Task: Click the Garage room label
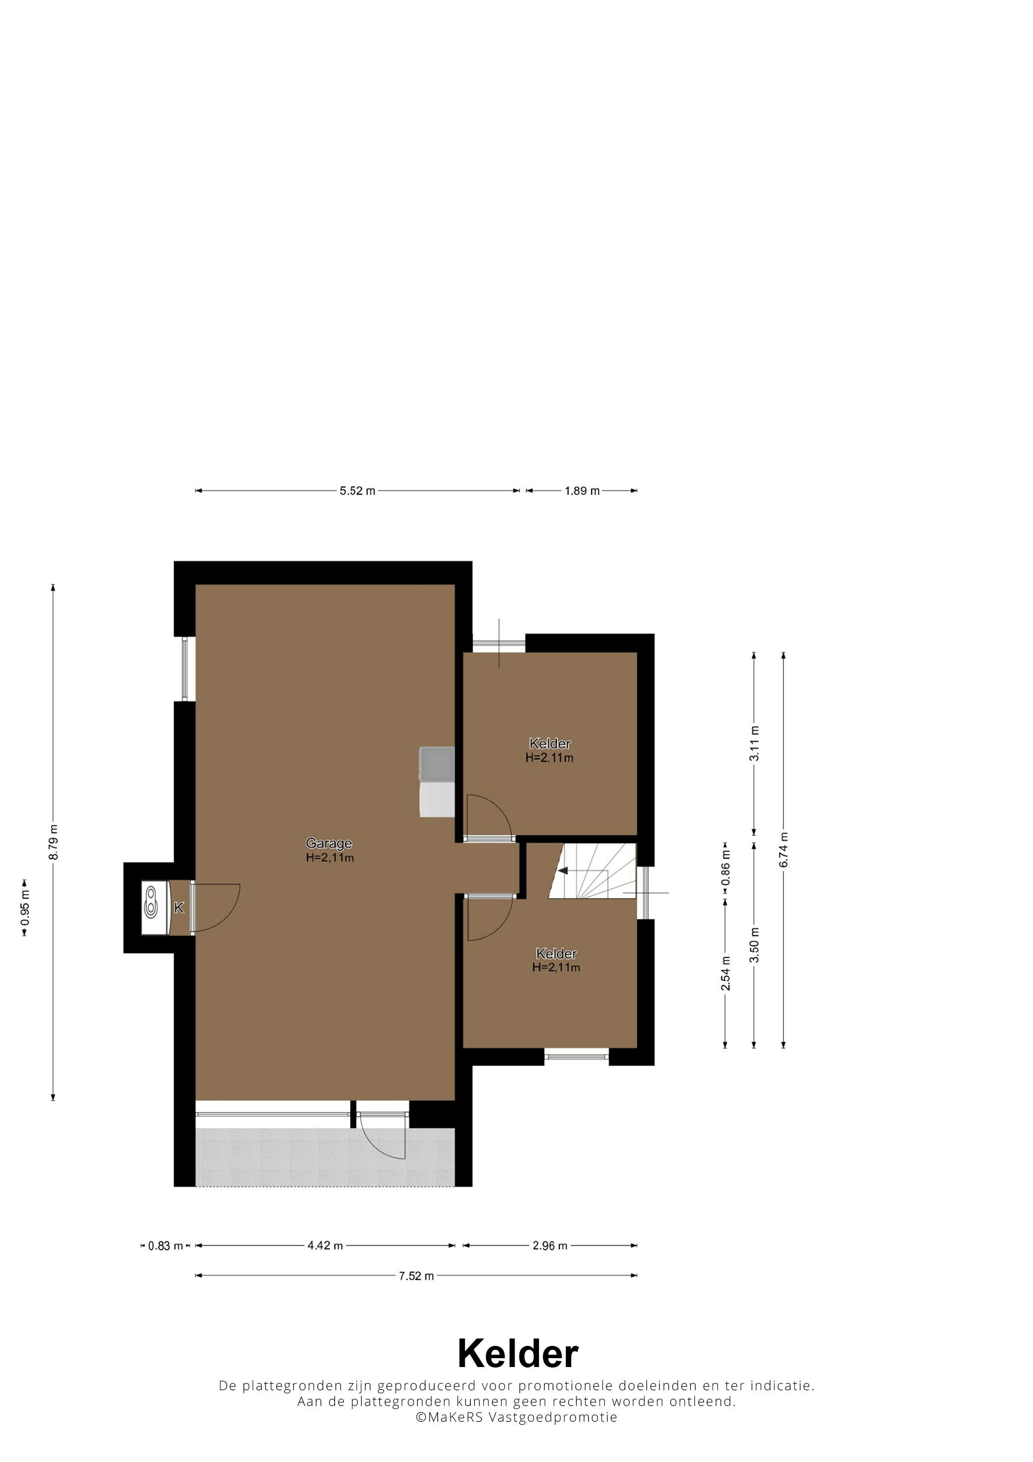coord(329,843)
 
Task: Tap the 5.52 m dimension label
coord(357,491)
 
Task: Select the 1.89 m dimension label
coord(582,491)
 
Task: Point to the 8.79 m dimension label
coord(54,842)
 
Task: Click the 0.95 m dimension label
coord(25,907)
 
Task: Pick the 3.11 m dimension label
coord(754,743)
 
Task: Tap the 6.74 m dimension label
coord(784,849)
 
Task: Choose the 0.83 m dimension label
coord(165,1245)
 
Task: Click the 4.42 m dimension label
coord(325,1245)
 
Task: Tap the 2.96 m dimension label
coord(550,1245)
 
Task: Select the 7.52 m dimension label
coord(416,1275)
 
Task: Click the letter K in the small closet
coord(179,907)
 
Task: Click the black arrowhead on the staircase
coord(563,870)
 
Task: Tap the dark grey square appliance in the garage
coord(437,764)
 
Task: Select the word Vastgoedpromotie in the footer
coord(552,1417)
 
